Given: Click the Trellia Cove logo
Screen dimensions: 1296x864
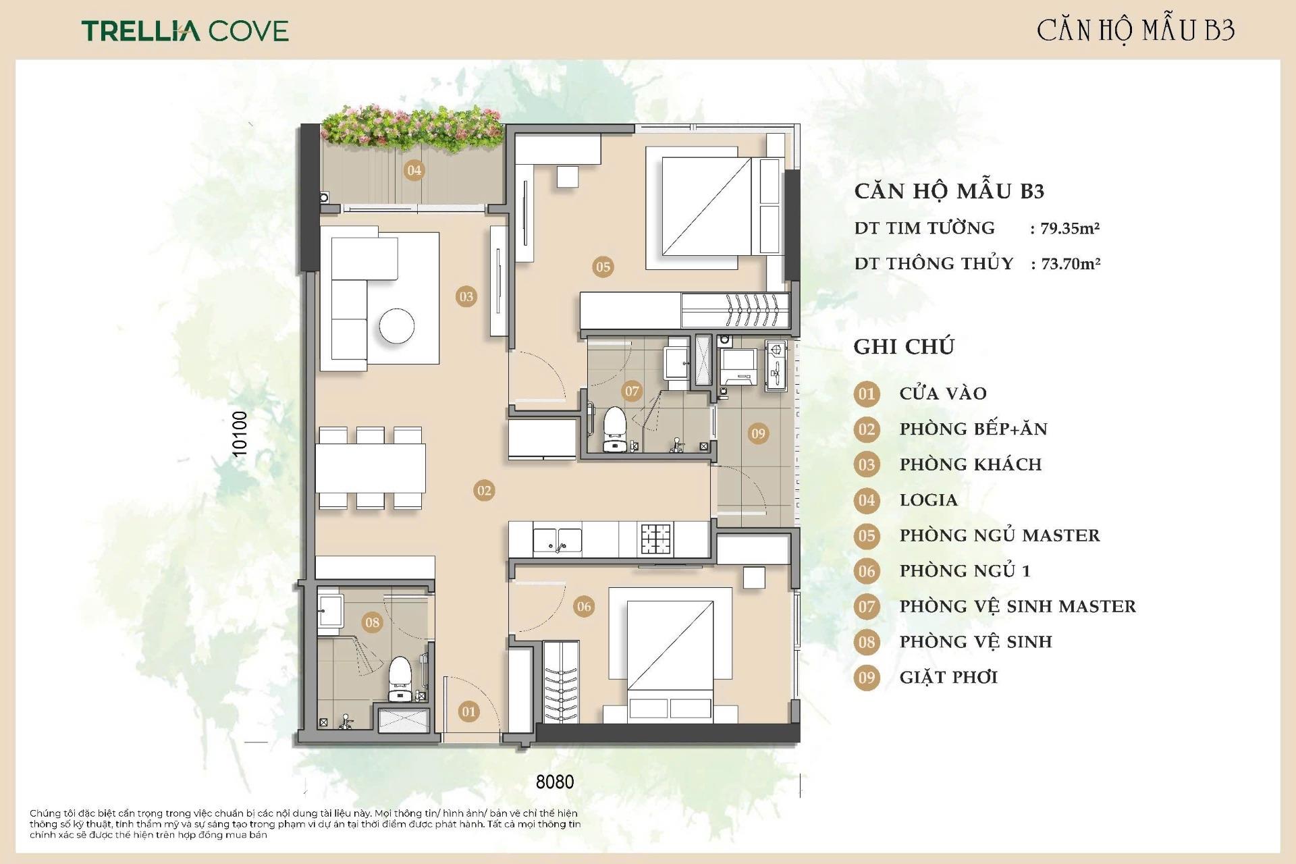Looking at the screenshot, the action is (x=185, y=30).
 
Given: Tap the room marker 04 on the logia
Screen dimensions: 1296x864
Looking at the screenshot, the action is (x=414, y=170).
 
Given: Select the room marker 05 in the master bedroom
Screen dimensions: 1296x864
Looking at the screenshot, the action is (x=603, y=267).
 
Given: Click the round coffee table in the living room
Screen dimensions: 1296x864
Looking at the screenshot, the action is (x=397, y=326).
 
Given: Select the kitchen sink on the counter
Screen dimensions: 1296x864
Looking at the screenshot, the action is (x=558, y=540).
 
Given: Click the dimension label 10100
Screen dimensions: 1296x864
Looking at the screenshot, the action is (x=240, y=433).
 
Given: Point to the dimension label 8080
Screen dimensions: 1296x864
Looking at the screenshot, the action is (x=555, y=782).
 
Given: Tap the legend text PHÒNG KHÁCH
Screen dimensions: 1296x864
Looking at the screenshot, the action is (x=971, y=464).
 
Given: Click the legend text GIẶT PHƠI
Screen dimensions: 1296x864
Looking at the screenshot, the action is (x=948, y=677).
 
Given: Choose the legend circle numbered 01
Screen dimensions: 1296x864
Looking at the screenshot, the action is (x=867, y=394).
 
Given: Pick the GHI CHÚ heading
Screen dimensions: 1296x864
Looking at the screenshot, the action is (x=904, y=346).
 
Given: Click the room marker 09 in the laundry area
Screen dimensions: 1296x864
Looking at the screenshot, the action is (x=758, y=433).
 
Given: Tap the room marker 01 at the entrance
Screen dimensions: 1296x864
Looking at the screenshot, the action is (x=468, y=711).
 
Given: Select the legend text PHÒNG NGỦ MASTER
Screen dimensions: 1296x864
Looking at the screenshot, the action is (x=1000, y=535).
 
